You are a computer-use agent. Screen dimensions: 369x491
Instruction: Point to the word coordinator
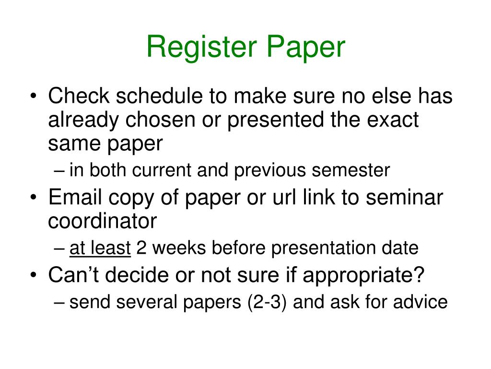102,221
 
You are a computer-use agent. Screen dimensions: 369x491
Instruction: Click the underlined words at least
100,248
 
